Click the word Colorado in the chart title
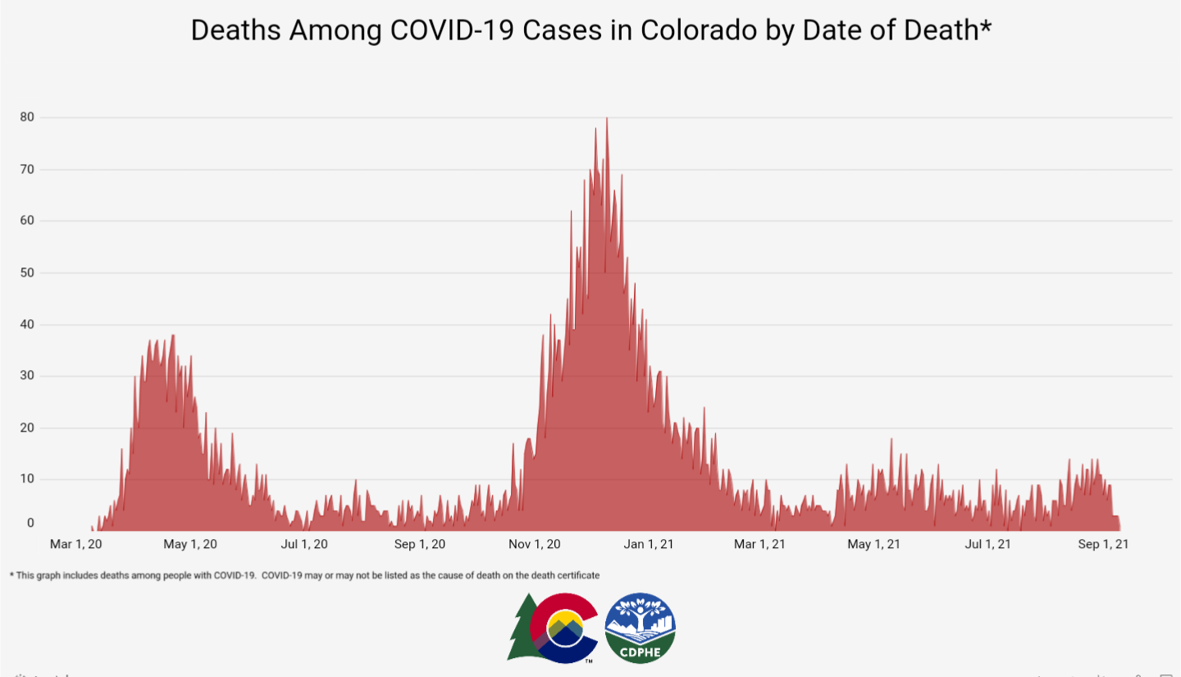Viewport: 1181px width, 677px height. coord(686,30)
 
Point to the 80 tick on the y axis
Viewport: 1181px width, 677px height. coord(27,117)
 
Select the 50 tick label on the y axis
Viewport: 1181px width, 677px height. coord(27,272)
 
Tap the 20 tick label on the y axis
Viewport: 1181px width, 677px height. coord(27,428)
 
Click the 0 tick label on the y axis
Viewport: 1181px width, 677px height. coord(30,523)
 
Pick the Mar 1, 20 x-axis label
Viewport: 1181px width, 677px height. coord(76,544)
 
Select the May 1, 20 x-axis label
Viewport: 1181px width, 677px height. coord(191,544)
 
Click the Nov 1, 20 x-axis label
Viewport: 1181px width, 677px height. coord(535,544)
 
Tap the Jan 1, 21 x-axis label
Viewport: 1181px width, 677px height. coord(650,544)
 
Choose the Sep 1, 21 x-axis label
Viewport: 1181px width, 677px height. coord(1102,544)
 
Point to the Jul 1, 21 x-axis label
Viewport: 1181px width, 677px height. coord(987,544)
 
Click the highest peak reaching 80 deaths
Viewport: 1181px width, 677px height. coord(607,120)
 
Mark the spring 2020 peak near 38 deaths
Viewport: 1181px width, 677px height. coord(173,336)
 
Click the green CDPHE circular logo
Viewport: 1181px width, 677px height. coord(640,628)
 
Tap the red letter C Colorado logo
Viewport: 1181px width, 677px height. coord(563,628)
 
